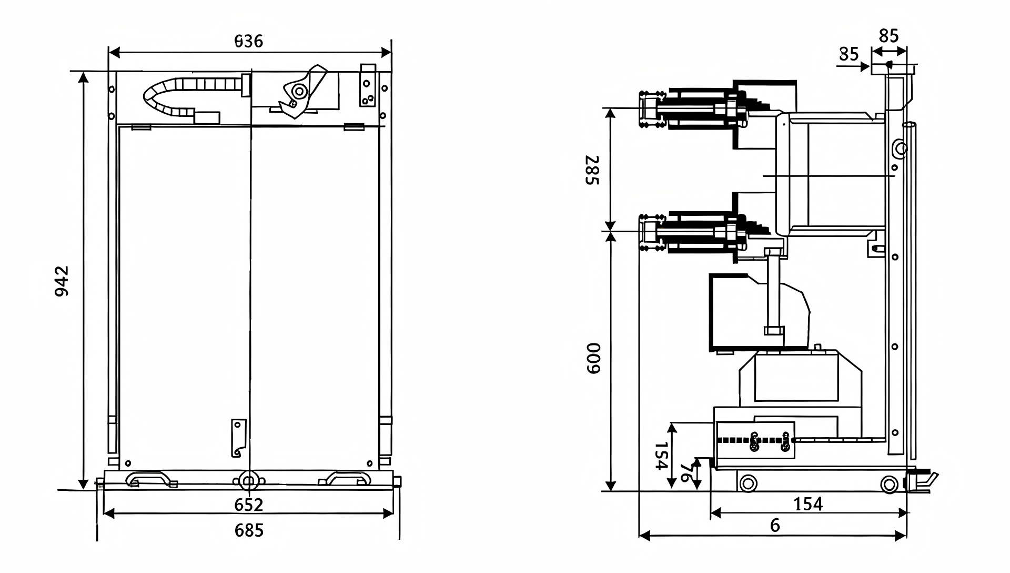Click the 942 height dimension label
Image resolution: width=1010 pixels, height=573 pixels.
tap(62, 281)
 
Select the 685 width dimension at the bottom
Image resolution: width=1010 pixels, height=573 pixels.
tap(249, 530)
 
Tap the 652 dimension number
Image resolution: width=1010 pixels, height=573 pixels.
tap(249, 505)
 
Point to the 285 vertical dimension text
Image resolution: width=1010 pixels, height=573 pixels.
tap(593, 170)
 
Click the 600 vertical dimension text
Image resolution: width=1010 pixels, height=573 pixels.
tap(593, 358)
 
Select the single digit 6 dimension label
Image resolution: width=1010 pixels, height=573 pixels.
tap(774, 525)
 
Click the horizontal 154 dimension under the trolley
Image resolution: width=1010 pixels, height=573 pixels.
tap(807, 504)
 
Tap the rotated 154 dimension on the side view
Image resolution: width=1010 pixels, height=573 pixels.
tap(661, 455)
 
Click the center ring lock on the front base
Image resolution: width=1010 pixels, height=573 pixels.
tap(247, 480)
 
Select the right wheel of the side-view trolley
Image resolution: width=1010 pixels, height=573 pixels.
tap(889, 483)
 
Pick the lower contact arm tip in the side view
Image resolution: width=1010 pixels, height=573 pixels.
tap(650, 232)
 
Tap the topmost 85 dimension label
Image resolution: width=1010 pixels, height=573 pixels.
tap(889, 36)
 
